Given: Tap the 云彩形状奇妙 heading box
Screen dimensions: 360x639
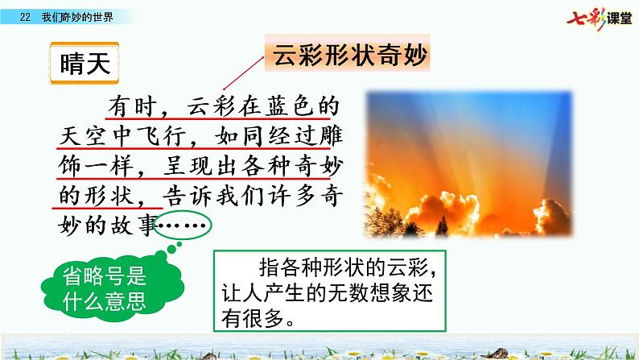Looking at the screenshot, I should click(x=348, y=58).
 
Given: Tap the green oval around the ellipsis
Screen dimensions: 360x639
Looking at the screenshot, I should click(x=183, y=228).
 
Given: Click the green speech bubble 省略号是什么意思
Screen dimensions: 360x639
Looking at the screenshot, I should click(x=100, y=291).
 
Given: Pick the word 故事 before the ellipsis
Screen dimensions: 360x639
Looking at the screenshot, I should click(x=138, y=227).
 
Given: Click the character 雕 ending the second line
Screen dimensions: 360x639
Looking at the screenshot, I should click(x=322, y=135).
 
